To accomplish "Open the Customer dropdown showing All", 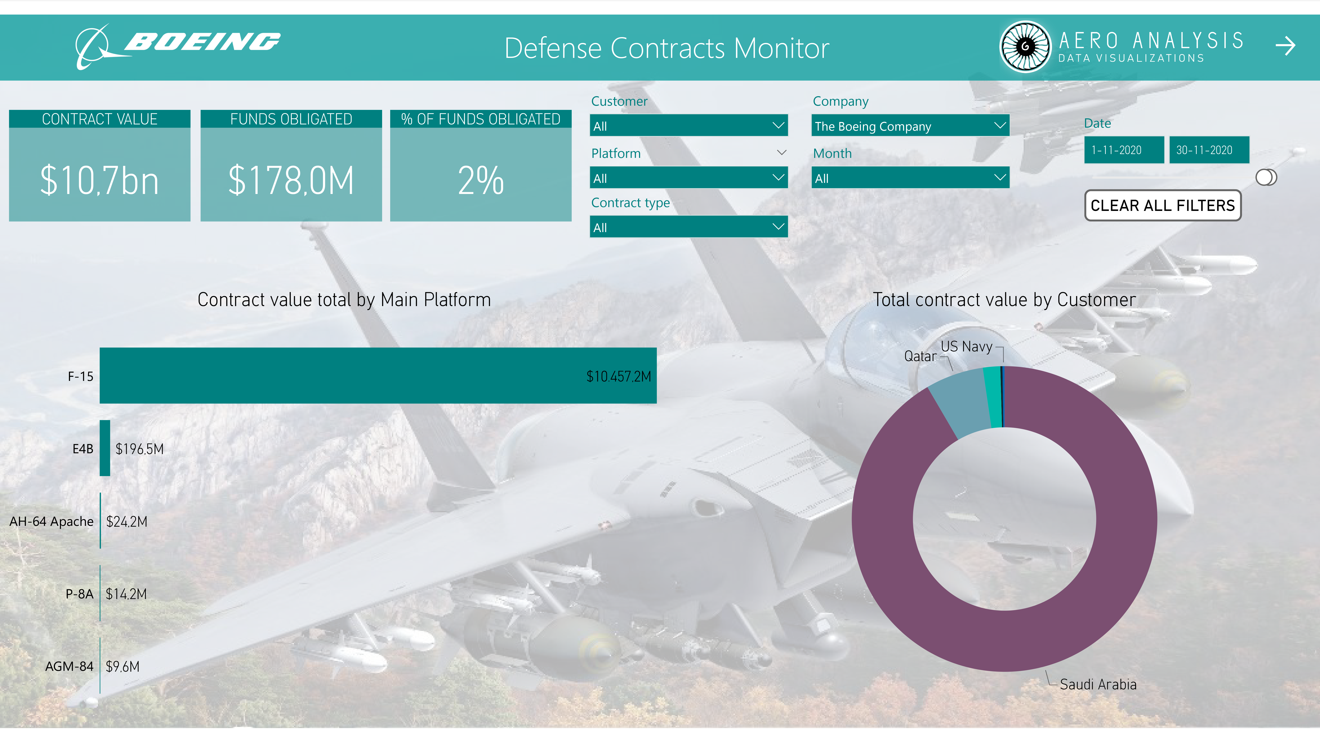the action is [x=689, y=126].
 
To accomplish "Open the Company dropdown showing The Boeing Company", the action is [x=910, y=126].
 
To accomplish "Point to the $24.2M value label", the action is [x=127, y=521].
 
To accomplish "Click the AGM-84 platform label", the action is [x=69, y=666].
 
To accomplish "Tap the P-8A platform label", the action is [x=79, y=594].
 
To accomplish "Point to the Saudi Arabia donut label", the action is [x=1098, y=684].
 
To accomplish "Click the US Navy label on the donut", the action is [x=967, y=347].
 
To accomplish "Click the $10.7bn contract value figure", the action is [x=99, y=180].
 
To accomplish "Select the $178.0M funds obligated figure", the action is [x=291, y=180].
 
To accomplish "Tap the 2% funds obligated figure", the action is [x=481, y=180].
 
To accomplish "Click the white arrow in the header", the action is [x=1285, y=46].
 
